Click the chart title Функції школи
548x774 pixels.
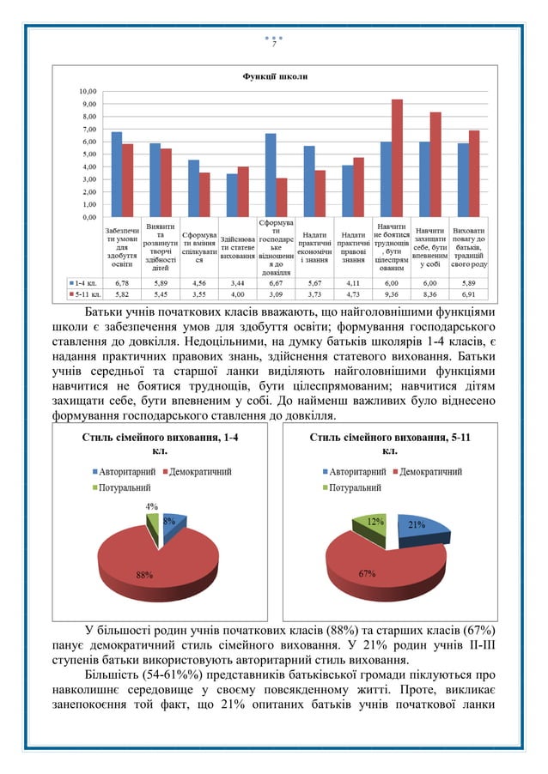coord(274,77)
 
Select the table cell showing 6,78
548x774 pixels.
coord(121,281)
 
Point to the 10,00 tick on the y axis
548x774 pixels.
coord(87,91)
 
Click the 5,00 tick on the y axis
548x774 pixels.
coord(87,154)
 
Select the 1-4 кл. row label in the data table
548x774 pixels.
coord(84,281)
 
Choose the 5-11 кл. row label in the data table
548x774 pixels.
coord(84,293)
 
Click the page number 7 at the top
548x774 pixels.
coord(274,45)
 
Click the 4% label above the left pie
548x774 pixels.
coord(150,506)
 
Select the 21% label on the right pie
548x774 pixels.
coord(417,524)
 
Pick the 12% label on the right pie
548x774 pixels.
coord(375,521)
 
